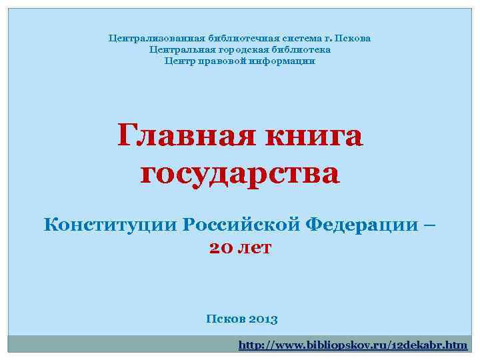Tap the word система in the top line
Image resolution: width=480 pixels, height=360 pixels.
coord(286,38)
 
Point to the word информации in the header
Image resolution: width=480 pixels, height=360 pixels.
coord(280,61)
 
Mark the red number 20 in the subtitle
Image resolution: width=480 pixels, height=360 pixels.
coord(221,248)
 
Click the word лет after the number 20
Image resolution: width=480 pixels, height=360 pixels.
coord(256,248)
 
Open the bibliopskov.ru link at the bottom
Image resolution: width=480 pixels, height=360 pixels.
coord(353,345)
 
